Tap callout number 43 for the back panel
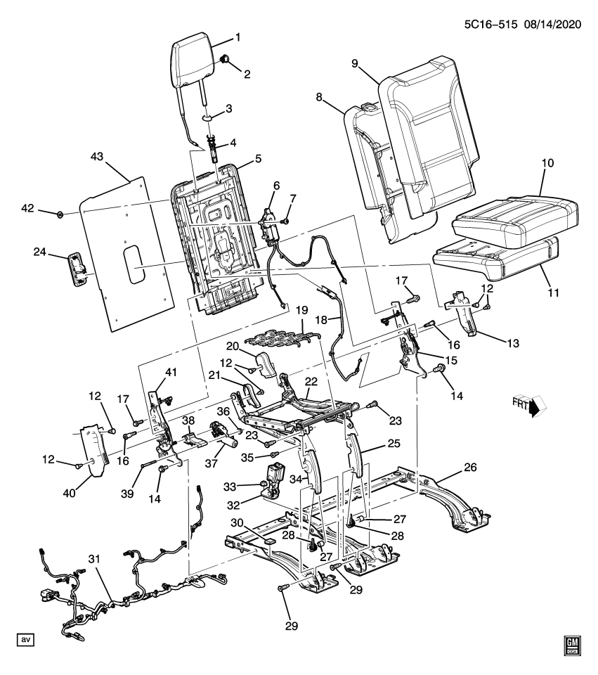pos(97,156)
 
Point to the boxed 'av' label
pos(25,640)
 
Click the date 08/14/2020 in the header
pos(552,25)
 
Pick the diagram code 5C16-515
pos(490,25)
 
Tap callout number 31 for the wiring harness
pos(94,559)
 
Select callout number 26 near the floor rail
pos(471,467)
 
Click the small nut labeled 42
pos(60,214)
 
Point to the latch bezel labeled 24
pos(77,269)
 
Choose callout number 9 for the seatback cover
pos(354,64)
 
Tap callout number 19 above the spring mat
pos(302,310)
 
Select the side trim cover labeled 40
pos(94,451)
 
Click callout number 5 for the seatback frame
pos(258,158)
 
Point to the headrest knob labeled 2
pos(224,59)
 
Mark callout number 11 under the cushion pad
pos(553,292)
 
